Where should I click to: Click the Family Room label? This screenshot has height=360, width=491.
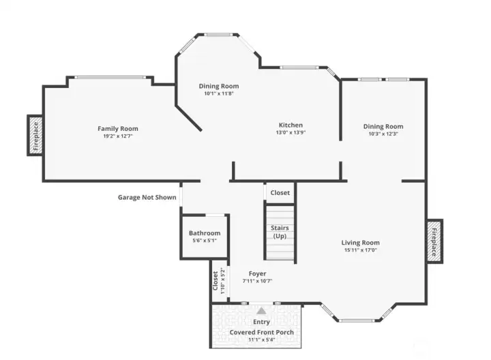(x=118, y=128)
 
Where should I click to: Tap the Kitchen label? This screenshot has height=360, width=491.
(x=291, y=125)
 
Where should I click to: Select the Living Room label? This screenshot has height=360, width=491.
(x=361, y=243)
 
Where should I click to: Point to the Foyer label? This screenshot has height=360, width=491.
(x=257, y=273)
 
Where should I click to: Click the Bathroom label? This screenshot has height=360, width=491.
(x=205, y=233)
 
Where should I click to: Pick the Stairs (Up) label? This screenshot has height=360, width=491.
(x=280, y=232)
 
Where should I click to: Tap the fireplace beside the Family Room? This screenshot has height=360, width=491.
(x=35, y=135)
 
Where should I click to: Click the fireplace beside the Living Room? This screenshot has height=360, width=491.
(x=434, y=241)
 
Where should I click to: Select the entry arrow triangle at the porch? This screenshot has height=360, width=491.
(x=261, y=311)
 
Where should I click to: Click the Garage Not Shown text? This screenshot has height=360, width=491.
(x=147, y=197)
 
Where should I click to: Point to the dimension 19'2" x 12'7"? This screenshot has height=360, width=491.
(x=118, y=136)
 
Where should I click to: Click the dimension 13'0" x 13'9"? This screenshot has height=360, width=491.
(x=291, y=132)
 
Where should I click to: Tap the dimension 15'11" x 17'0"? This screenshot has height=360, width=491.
(x=361, y=250)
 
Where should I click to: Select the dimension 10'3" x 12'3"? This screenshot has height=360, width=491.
(x=383, y=134)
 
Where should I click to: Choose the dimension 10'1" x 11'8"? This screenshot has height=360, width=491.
(x=219, y=93)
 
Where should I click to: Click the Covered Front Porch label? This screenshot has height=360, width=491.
(x=261, y=332)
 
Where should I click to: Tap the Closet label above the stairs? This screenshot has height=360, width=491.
(x=280, y=193)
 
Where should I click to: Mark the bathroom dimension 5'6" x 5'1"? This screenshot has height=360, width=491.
(x=205, y=241)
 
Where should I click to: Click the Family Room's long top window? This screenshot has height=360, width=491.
(x=110, y=77)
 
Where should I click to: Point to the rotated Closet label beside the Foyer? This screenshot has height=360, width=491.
(x=215, y=280)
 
